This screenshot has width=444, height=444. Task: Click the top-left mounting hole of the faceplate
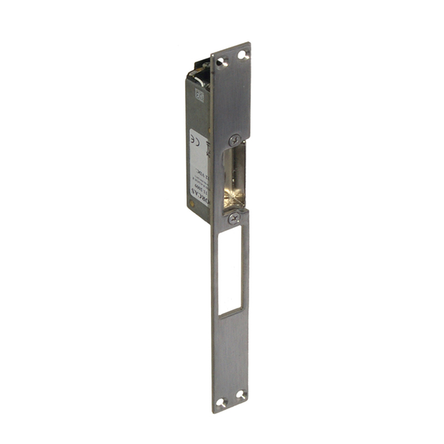click(223, 60)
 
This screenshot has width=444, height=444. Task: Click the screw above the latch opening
click(234, 138)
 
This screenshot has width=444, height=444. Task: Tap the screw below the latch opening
click(233, 217)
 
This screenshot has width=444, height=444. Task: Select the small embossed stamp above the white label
click(198, 94)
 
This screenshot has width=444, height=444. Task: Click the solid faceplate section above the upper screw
click(231, 96)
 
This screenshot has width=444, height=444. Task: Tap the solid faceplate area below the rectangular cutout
click(231, 355)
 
